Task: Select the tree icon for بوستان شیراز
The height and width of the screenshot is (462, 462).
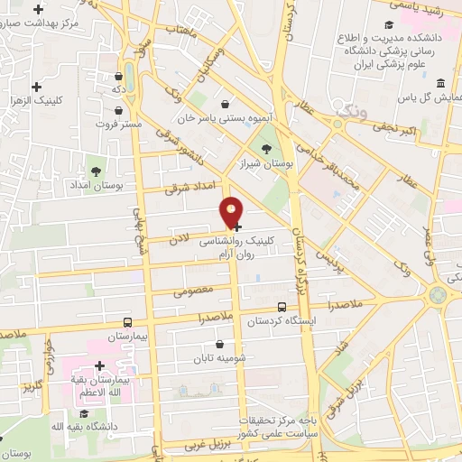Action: click(x=265, y=150)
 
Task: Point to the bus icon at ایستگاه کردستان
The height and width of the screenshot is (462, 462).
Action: click(x=282, y=307)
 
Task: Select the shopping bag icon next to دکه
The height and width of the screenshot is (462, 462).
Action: click(x=120, y=77)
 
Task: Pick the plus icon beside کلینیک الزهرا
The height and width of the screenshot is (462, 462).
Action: click(x=36, y=87)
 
